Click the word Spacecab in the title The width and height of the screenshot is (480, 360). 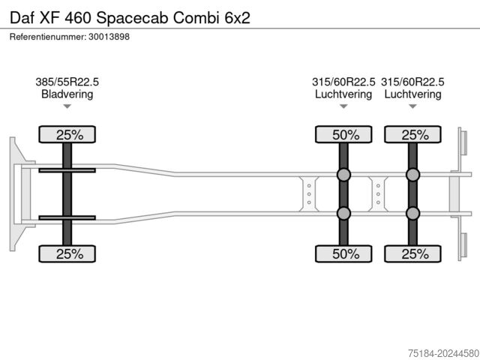click(133, 18)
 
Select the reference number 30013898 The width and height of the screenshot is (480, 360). click(109, 37)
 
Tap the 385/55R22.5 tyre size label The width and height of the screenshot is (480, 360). click(67, 82)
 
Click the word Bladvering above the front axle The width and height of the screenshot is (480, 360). click(67, 94)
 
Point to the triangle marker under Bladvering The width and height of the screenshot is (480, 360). click(67, 106)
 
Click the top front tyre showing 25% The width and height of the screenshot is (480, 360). click(67, 134)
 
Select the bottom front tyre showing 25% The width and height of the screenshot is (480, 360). click(67, 253)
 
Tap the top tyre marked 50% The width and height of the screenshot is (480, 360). click(343, 134)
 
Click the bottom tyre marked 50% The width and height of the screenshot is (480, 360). click(343, 253)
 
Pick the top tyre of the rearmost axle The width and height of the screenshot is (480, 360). click(412, 134)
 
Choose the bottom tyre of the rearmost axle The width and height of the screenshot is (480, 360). click(412, 253)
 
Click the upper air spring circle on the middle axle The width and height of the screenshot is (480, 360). click(343, 175)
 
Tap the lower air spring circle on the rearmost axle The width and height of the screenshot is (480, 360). click(412, 213)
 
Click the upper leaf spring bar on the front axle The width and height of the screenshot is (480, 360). click(67, 170)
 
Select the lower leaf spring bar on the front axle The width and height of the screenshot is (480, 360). click(67, 217)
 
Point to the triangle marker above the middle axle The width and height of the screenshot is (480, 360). click(343, 106)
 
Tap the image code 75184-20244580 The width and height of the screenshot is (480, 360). click(443, 353)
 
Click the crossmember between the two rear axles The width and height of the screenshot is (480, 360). click(378, 194)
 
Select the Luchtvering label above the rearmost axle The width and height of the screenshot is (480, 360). click(412, 94)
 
